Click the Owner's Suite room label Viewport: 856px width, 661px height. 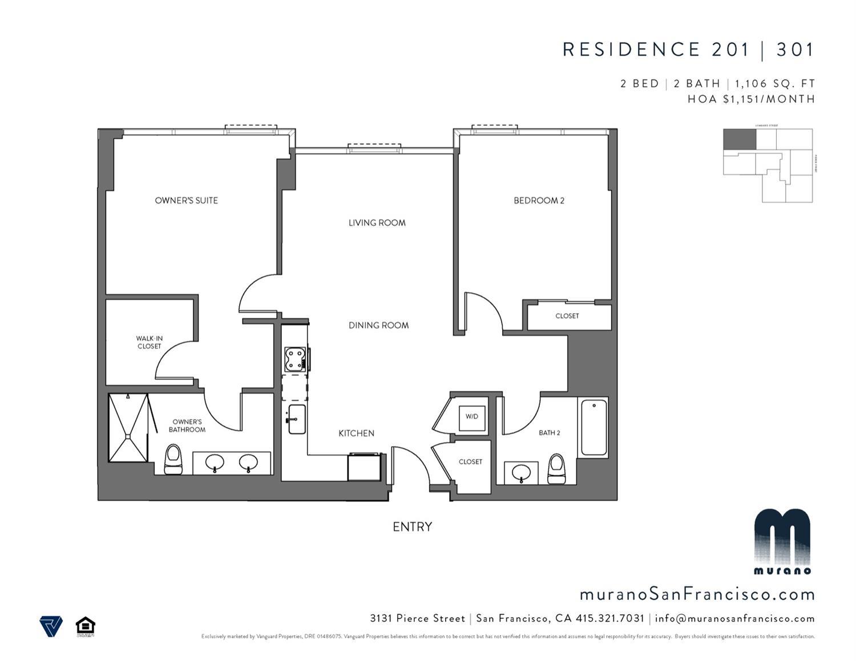point(186,200)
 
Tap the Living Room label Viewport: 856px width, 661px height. point(377,222)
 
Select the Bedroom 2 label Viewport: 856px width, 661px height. point(539,200)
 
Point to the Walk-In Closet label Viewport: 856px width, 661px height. point(149,342)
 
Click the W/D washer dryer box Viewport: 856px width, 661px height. point(471,416)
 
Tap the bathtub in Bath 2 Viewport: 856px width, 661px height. point(593,427)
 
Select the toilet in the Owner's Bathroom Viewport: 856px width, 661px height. point(172,459)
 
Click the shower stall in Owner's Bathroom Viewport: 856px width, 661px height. point(128,427)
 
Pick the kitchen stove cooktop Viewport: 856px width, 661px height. point(296,359)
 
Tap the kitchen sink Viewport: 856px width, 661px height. point(297,419)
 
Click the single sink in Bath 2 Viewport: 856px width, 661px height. point(521,473)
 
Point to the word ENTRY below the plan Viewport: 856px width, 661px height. point(412,526)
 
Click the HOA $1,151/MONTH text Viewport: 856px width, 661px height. point(751,99)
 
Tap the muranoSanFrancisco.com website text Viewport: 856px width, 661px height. point(697,594)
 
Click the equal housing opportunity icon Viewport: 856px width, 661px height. point(86,627)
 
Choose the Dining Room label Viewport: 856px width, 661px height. point(378,325)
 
